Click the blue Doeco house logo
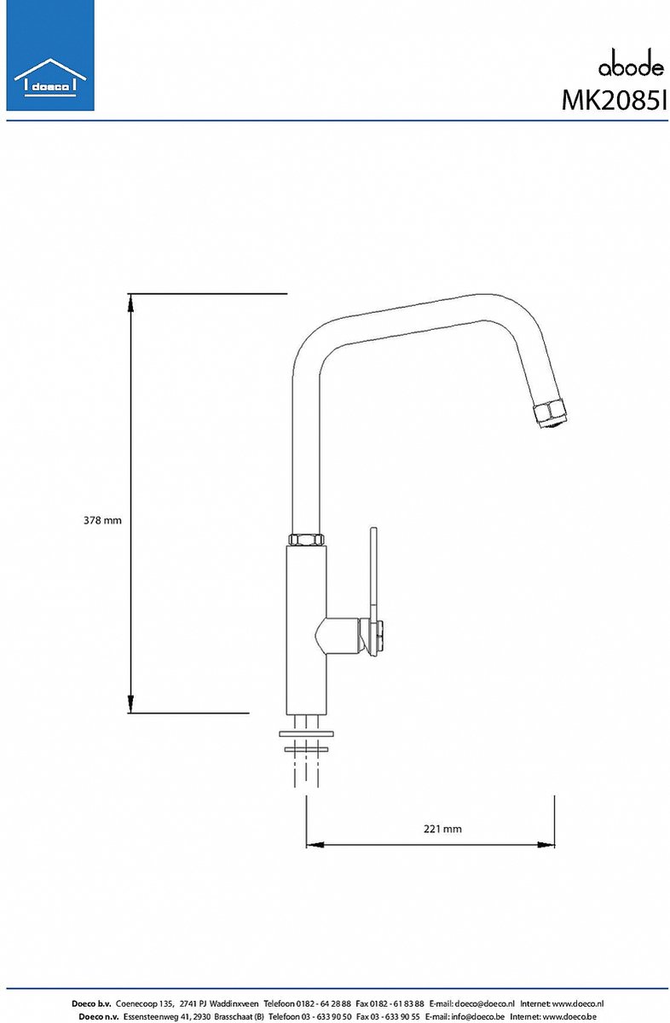[50, 55]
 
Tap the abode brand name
[631, 65]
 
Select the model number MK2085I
[615, 100]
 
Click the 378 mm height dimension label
[102, 520]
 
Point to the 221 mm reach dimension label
[442, 829]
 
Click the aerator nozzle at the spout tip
[552, 413]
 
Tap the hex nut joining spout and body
[307, 539]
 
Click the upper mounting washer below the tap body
[306, 734]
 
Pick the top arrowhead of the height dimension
[130, 303]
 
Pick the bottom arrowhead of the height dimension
[130, 703]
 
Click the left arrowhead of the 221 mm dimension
[315, 845]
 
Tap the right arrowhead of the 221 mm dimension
[546, 845]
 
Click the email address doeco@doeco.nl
[484, 1000]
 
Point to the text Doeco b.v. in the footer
[91, 1000]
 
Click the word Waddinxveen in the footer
[234, 1000]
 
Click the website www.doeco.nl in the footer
[578, 1000]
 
